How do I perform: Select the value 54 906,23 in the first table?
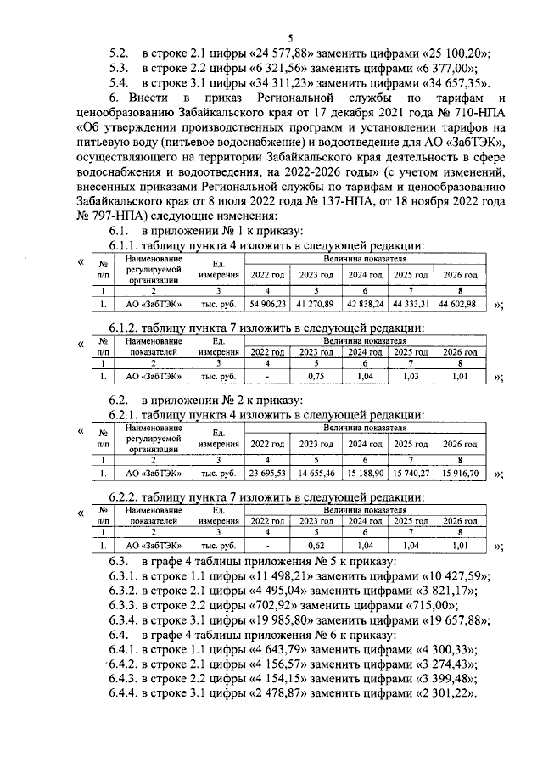pyautogui.click(x=266, y=304)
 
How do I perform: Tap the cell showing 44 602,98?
pyautogui.click(x=458, y=304)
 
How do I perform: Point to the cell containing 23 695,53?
pyautogui.click(x=266, y=473)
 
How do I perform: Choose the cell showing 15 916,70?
pyautogui.click(x=458, y=473)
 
